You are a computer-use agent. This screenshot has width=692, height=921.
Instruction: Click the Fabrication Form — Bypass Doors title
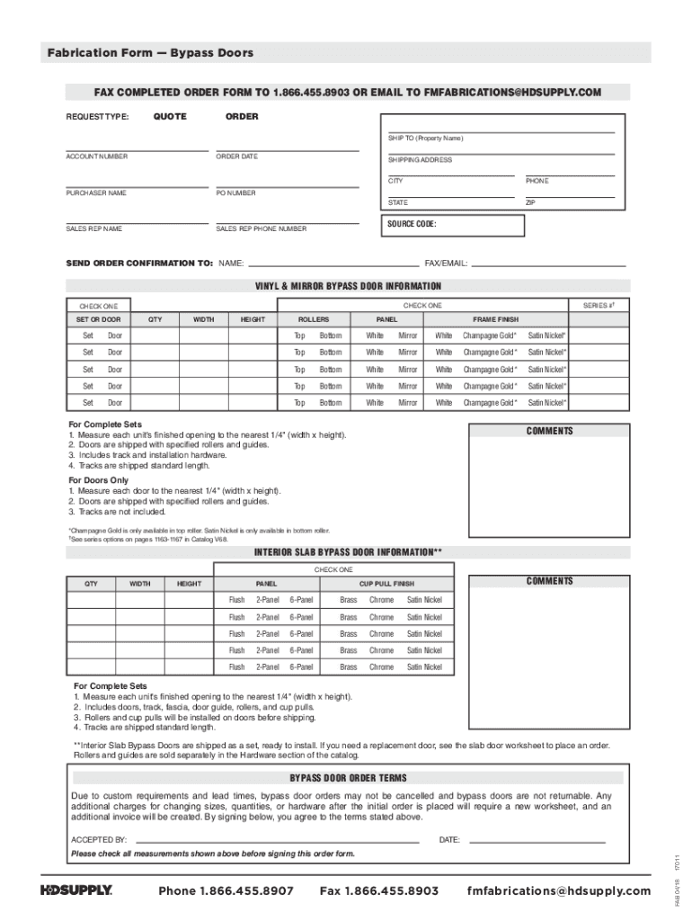tap(150, 53)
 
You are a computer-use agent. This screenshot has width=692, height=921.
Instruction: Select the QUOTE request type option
tap(170, 117)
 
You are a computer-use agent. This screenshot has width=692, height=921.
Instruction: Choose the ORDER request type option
tap(242, 117)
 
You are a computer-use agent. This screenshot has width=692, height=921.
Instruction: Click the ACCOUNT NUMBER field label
tap(96, 156)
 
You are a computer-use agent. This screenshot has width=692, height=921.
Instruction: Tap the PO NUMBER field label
tap(235, 192)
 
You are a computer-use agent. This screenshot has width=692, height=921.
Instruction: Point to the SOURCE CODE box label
tap(412, 224)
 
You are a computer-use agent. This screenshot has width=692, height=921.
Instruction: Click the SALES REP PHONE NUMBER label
tap(261, 228)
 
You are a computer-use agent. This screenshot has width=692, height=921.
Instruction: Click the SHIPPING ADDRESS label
tap(420, 159)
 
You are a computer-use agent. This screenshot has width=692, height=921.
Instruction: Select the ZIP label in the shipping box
tap(530, 203)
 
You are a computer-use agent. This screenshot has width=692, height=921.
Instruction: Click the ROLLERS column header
tap(314, 319)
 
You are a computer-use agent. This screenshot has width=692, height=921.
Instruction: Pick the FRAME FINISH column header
tap(495, 319)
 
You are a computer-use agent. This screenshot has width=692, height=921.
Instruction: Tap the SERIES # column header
tap(598, 306)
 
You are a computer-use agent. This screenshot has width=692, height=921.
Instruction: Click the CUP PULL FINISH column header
tap(386, 584)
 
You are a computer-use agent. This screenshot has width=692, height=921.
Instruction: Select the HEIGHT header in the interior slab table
tap(189, 584)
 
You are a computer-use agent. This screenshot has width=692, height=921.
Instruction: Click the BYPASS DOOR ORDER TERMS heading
tap(347, 778)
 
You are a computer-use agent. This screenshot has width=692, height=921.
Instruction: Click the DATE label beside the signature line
tap(449, 840)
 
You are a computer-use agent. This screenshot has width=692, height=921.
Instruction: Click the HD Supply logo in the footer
tap(75, 890)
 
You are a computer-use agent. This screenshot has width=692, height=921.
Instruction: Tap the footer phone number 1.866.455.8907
tap(226, 890)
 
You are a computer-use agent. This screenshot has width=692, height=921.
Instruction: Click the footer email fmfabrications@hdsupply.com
tap(558, 890)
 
